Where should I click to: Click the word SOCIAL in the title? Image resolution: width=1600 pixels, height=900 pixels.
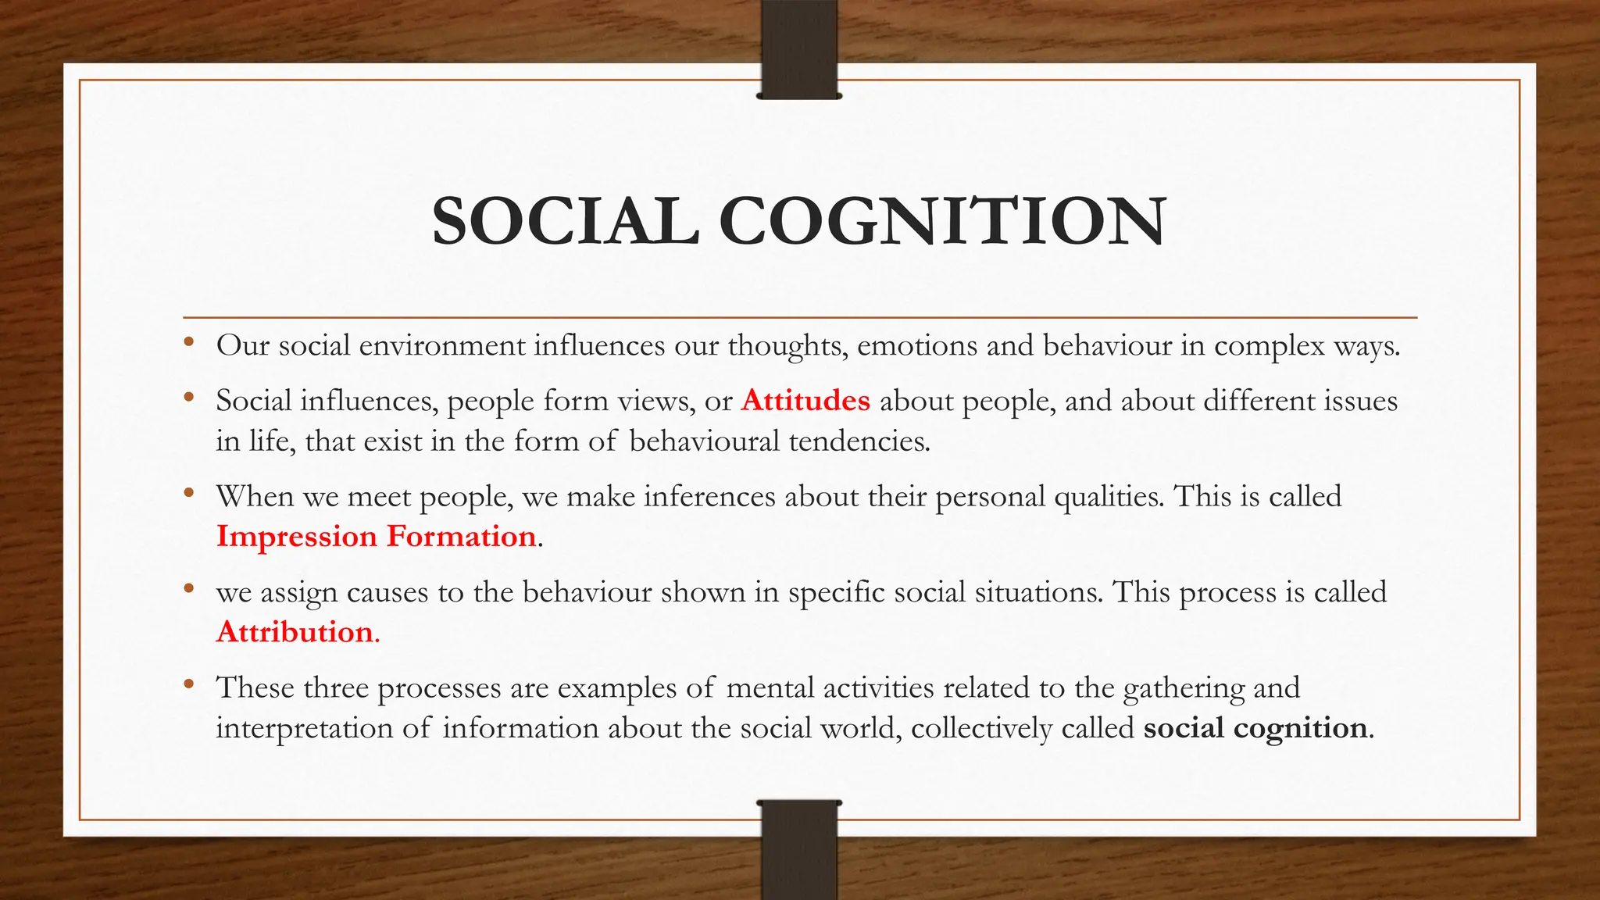565,221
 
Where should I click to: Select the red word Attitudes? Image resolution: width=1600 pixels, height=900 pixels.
805,400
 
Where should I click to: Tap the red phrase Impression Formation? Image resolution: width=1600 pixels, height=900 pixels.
376,536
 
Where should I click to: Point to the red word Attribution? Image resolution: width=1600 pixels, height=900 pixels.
295,631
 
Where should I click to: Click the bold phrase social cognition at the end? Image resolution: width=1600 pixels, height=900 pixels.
1255,727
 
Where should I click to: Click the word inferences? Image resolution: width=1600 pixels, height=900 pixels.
709,496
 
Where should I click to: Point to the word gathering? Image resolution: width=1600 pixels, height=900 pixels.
1183,688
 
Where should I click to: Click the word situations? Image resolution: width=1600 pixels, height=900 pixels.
1037,592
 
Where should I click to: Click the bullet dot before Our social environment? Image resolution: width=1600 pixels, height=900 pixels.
188,341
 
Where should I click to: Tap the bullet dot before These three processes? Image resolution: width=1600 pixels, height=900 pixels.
188,684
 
